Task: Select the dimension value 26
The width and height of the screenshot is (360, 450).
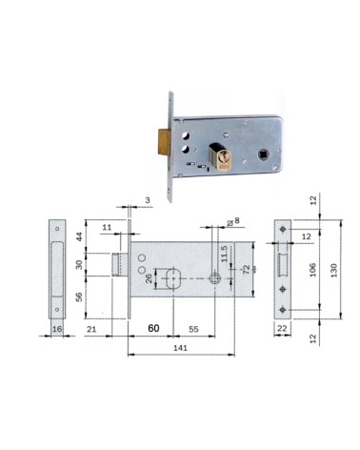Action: pos(149,281)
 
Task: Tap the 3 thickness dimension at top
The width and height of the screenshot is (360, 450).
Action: pos(148,200)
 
